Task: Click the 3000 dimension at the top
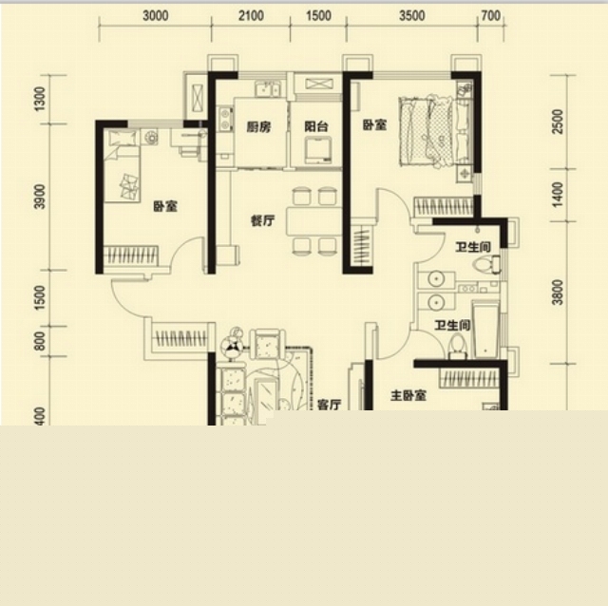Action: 156,16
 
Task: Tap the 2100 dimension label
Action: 251,16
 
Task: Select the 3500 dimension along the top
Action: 411,16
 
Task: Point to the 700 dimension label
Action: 490,16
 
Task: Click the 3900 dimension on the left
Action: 40,197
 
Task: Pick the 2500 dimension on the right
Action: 558,122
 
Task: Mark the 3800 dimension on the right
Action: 558,293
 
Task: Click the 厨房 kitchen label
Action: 258,126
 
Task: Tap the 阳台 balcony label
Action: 316,126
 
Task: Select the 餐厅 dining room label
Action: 262,221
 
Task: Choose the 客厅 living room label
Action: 330,405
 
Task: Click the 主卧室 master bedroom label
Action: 408,396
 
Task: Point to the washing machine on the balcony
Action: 317,150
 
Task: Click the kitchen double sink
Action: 268,88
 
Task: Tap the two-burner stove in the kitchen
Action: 225,119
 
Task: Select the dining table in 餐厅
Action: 313,221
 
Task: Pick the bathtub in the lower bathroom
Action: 485,330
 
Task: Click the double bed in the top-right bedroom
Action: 427,132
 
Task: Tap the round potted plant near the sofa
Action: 232,344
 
